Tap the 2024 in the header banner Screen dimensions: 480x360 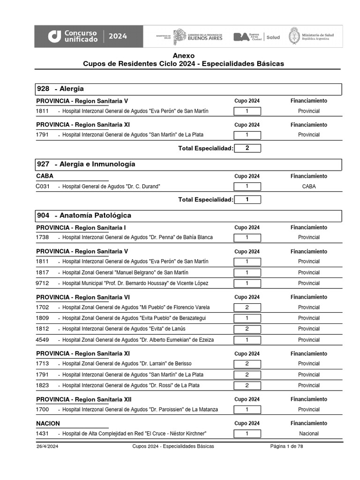click(118, 36)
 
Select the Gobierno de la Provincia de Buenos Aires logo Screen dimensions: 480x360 click(197, 37)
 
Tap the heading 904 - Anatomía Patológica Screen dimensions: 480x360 click(84, 215)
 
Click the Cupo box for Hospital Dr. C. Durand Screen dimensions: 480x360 click(247, 186)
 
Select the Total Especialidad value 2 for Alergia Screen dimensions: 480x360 click(247, 148)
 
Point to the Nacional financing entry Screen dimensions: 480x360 click(308, 434)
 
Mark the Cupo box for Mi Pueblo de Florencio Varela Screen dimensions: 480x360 click(247, 307)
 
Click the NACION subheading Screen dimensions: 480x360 click(48, 423)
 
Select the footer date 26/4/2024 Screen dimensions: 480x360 click(47, 446)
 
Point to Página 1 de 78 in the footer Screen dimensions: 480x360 click(286, 446)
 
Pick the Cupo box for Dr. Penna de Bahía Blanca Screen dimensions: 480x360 click(247, 237)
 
